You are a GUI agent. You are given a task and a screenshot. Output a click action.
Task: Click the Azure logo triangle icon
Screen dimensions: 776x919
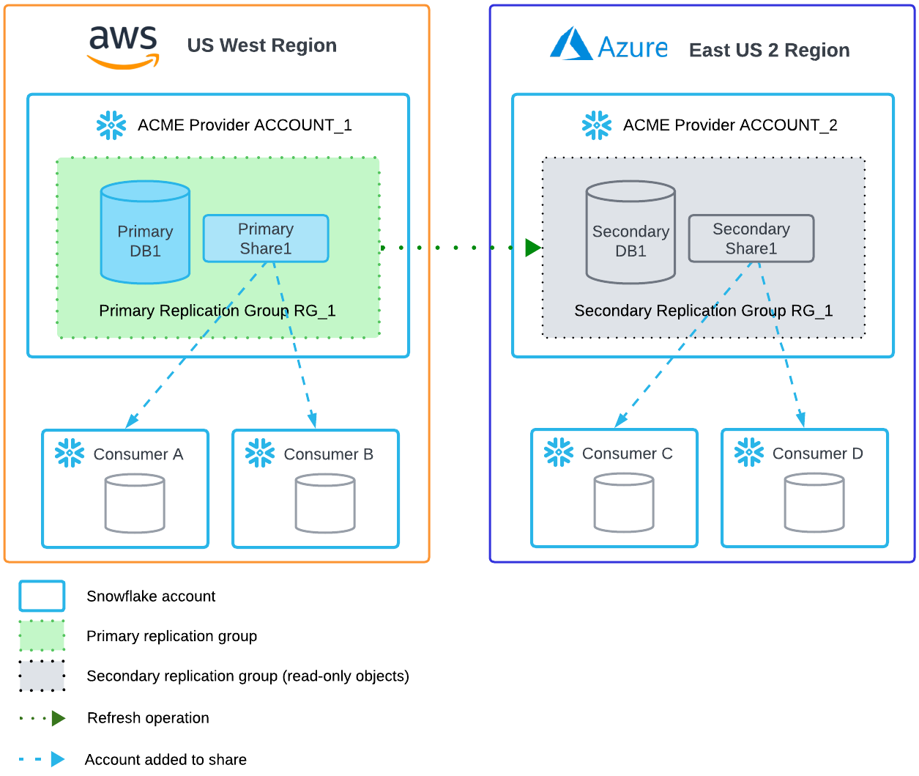pos(571,44)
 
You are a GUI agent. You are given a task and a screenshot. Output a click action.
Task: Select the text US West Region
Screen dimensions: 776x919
pos(261,45)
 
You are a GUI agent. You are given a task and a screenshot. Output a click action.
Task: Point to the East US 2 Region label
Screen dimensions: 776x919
pos(769,51)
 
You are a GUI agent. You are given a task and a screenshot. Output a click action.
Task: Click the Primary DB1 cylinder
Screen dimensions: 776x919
pos(145,232)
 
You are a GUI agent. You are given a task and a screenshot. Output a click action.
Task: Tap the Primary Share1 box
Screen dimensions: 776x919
pos(265,239)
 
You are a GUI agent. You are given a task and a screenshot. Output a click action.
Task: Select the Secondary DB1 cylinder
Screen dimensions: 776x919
pos(630,233)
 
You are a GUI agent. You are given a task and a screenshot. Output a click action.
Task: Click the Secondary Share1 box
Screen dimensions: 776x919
pos(751,239)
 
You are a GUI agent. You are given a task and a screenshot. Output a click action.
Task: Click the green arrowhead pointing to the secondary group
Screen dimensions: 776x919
pos(532,248)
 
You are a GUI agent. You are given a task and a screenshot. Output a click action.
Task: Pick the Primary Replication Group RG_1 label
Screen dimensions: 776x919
pos(217,311)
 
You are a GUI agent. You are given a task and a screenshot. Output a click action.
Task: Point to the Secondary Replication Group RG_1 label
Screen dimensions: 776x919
pos(703,311)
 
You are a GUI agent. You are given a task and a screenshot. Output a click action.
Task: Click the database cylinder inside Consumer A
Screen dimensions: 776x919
pos(135,503)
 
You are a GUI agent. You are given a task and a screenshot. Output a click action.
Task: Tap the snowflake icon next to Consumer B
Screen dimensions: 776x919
pos(260,454)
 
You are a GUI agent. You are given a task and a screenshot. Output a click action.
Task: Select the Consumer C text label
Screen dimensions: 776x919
pos(627,454)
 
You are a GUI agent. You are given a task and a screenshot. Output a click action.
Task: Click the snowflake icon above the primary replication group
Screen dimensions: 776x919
pos(111,126)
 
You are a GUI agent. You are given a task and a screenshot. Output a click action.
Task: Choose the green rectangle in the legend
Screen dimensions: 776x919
pos(42,636)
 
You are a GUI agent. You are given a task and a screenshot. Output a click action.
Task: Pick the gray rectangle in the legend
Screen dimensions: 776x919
pos(42,676)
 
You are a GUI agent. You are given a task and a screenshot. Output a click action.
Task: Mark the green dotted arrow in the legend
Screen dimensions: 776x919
pos(42,719)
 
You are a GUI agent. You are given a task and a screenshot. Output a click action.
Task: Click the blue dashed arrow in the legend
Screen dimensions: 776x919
pos(42,759)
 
